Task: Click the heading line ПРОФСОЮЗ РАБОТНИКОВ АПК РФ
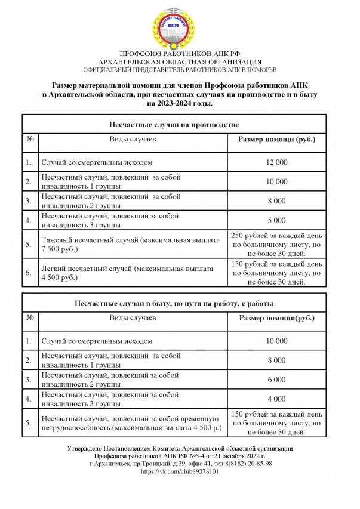pyautogui.click(x=180, y=54)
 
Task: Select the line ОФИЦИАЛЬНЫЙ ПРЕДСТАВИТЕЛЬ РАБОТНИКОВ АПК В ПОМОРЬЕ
pyautogui.click(x=180, y=69)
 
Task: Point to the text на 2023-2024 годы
pyautogui.click(x=180, y=103)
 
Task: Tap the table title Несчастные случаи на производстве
pyautogui.click(x=174, y=125)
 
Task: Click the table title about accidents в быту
pyautogui.click(x=174, y=304)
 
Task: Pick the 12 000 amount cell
pyautogui.click(x=276, y=162)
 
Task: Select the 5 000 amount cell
pyautogui.click(x=276, y=220)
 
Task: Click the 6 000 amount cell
pyautogui.click(x=276, y=379)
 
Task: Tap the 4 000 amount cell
pyautogui.click(x=276, y=399)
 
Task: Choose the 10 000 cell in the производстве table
pyautogui.click(x=276, y=181)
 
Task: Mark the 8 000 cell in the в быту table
pyautogui.click(x=276, y=360)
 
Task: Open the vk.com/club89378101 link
pyautogui.click(x=180, y=471)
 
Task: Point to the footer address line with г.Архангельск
pyautogui.click(x=180, y=463)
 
